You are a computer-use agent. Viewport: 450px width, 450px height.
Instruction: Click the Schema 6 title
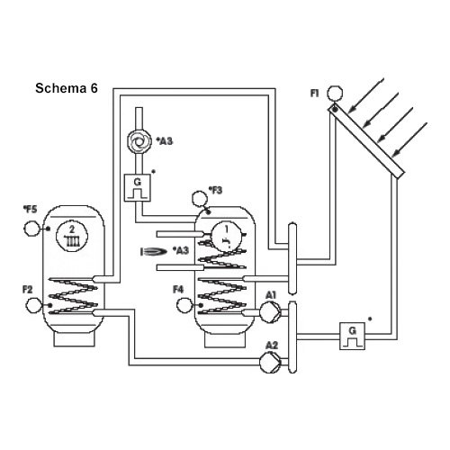coord(67,88)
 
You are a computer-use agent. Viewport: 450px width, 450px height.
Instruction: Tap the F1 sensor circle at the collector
coord(335,94)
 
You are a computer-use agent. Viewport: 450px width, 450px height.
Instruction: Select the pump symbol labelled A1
coord(269,312)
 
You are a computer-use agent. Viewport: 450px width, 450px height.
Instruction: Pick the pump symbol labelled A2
coord(269,362)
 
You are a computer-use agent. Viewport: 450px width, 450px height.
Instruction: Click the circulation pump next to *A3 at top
coord(138,140)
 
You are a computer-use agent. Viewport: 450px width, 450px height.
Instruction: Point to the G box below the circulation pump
coord(138,188)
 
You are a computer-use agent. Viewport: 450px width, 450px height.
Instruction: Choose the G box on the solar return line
coord(352,336)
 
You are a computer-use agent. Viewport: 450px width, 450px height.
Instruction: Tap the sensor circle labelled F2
coord(34,305)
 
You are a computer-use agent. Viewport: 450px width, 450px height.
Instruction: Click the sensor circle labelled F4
coord(184,305)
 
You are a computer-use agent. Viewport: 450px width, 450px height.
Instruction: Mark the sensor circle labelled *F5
coord(31,229)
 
